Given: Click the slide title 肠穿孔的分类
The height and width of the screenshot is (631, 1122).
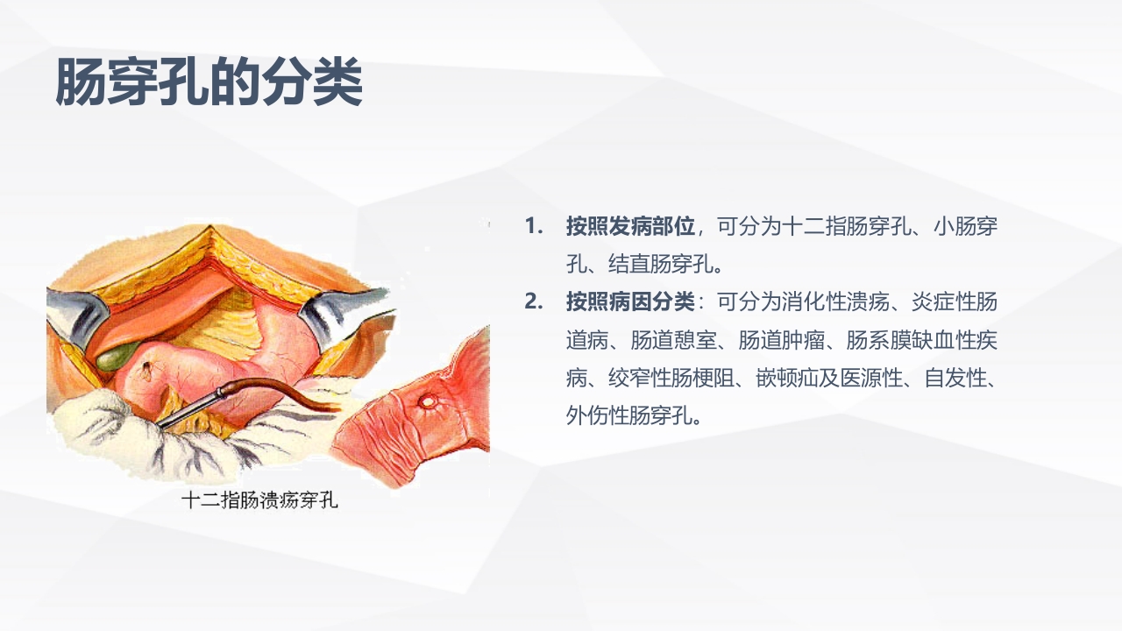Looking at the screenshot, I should pyautogui.click(x=209, y=83).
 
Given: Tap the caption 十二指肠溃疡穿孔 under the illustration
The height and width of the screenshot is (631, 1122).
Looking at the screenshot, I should pyautogui.click(x=259, y=501).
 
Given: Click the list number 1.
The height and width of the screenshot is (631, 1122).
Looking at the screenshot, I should pyautogui.click(x=534, y=226).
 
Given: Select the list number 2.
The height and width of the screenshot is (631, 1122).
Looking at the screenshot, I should pyautogui.click(x=534, y=302).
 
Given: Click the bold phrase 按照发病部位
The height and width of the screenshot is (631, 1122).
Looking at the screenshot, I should pyautogui.click(x=630, y=226).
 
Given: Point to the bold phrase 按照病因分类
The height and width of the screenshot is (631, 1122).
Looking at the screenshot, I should pyautogui.click(x=630, y=302).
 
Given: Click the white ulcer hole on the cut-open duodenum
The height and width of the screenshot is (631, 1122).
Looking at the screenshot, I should pyautogui.click(x=430, y=401).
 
